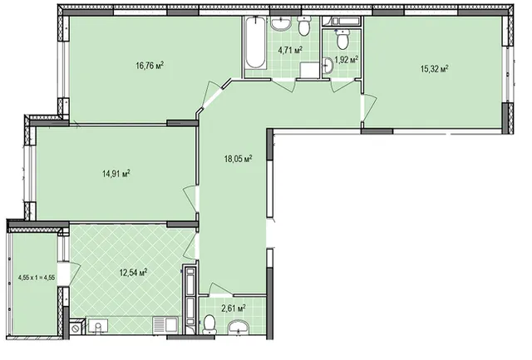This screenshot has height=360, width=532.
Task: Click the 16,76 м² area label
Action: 150,65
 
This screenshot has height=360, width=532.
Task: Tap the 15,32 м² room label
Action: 435,69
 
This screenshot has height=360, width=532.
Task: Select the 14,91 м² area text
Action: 116,174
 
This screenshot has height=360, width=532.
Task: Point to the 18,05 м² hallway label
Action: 238,159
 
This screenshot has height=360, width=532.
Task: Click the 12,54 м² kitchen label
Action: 133,272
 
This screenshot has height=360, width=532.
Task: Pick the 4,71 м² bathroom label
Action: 290,50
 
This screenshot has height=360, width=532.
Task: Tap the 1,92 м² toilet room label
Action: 347,60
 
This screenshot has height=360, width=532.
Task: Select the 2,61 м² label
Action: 234,308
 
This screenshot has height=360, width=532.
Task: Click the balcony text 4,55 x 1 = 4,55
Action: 37,277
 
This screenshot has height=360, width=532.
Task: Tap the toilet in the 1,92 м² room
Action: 342,39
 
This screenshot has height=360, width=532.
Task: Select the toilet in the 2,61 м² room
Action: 209,325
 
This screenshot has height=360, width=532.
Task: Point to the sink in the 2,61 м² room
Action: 239,328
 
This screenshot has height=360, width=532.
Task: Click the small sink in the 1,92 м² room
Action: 328,65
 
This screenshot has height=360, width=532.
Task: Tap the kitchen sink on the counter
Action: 98,327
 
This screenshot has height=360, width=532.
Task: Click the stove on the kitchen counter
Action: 165,325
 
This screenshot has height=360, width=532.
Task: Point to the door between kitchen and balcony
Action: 70,274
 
